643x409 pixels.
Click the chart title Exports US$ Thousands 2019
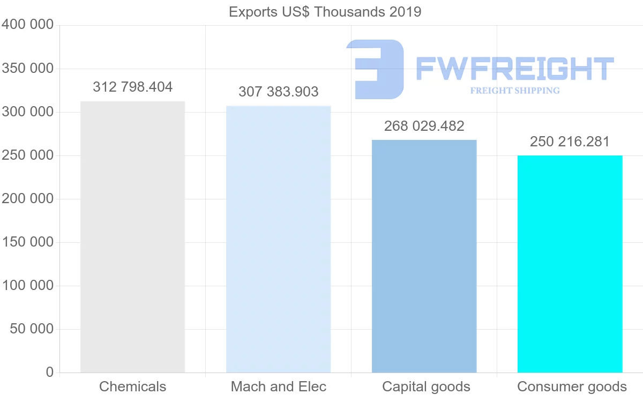(325, 12)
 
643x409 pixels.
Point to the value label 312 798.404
(132, 87)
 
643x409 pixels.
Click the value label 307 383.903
(278, 92)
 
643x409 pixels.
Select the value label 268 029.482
(424, 126)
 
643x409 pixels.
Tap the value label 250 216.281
(570, 142)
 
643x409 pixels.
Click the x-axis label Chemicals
(132, 386)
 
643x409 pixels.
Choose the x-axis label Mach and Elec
(278, 386)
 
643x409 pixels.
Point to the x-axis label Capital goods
(426, 386)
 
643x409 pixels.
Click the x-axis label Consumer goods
(572, 386)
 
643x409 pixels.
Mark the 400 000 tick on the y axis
(27, 25)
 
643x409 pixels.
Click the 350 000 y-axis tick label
(27, 69)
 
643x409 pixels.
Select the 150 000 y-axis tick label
(27, 242)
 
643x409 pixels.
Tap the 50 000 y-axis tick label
(32, 329)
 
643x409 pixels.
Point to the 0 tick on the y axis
(49, 372)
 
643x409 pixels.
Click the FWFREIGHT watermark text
(514, 69)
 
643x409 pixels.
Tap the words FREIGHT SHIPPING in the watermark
(514, 91)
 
